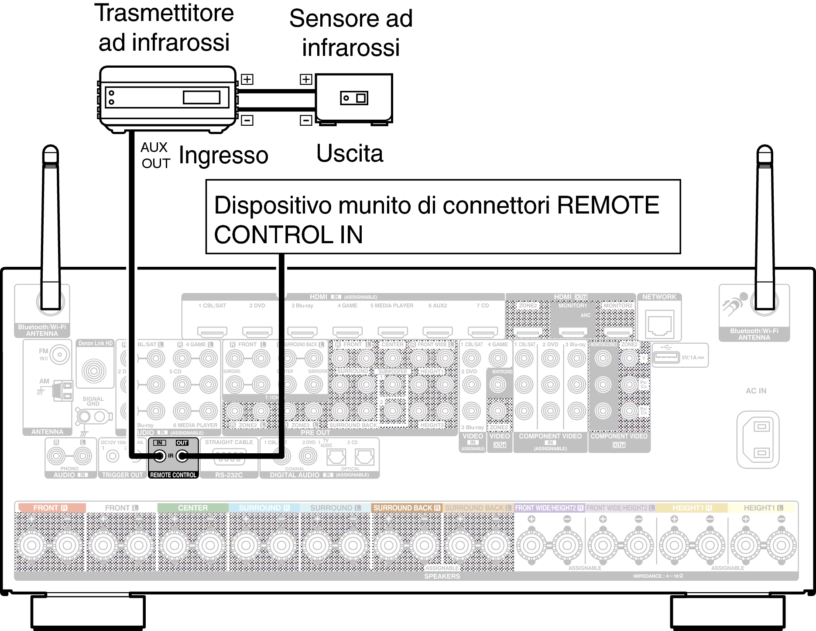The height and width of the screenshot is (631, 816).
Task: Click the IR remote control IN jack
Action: (160, 456)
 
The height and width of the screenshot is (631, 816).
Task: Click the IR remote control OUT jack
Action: (182, 456)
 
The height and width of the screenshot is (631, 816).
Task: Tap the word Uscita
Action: (350, 154)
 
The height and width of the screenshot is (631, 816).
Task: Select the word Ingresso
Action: (223, 155)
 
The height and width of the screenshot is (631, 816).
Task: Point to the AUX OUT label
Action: (155, 155)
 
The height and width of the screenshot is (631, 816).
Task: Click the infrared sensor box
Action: (354, 98)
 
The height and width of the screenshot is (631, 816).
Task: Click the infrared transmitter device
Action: (167, 98)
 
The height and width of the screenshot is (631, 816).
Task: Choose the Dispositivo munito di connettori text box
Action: (442, 217)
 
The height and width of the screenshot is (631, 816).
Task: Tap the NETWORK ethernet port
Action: (659, 323)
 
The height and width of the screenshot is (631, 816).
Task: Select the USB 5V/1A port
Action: (667, 357)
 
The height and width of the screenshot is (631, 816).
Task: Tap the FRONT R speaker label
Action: (50, 508)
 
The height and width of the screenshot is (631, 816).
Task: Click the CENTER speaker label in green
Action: (192, 508)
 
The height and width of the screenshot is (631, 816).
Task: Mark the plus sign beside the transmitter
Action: (247, 79)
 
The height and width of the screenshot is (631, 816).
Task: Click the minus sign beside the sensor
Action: (306, 120)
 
